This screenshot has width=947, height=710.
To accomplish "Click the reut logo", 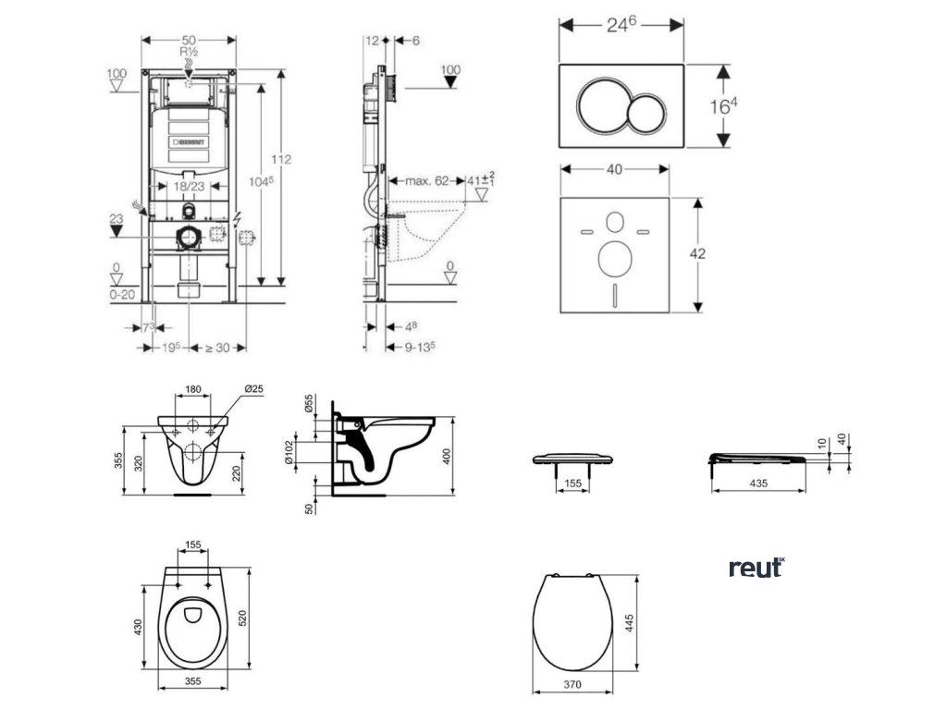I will tap(756, 568).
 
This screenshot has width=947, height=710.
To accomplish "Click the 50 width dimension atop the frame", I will tap(189, 40).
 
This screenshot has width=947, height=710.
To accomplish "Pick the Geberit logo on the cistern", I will tap(190, 142).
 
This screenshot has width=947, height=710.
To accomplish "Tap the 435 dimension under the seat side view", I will tap(757, 484).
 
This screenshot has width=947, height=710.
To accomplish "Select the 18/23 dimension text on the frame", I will tap(189, 186).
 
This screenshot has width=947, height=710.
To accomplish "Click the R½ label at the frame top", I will tap(189, 54).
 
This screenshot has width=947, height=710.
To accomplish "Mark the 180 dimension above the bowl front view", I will tap(192, 390).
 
